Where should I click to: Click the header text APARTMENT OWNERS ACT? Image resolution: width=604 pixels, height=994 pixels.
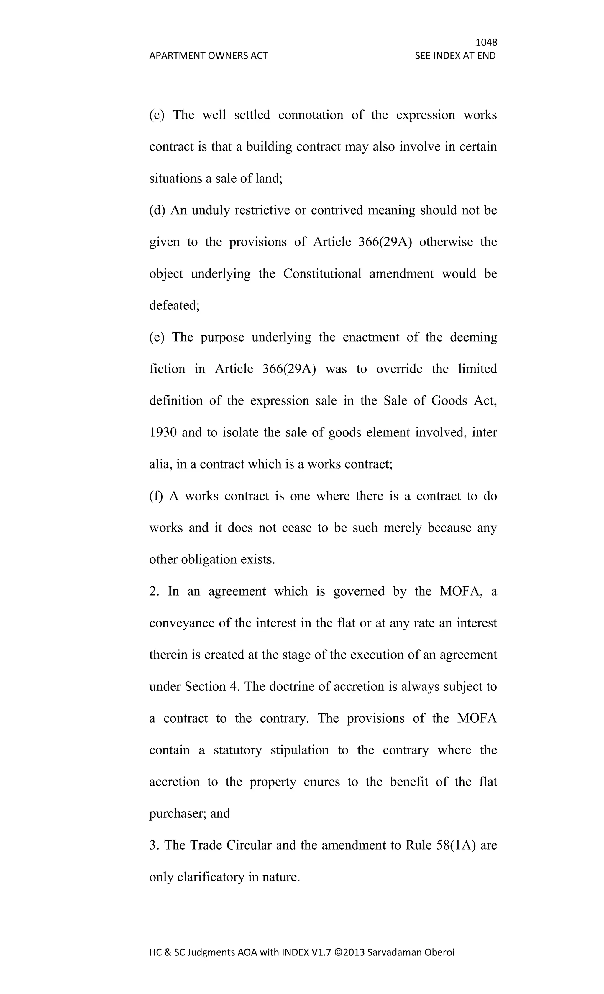[x=208, y=56]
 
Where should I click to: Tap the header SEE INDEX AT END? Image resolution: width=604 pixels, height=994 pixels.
[x=455, y=56]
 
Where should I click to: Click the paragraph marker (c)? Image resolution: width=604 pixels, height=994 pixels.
[x=157, y=115]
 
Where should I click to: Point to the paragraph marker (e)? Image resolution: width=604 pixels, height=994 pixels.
[x=157, y=337]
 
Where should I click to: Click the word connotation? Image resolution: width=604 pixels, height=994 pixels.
[x=311, y=115]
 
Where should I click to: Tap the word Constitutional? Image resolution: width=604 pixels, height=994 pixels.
[x=322, y=274]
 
